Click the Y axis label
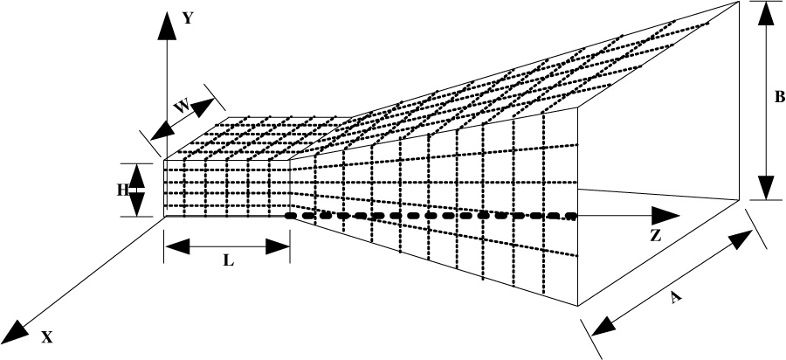[x=188, y=18]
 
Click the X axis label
[x=46, y=338]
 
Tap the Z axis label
[x=655, y=236]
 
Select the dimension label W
[x=182, y=107]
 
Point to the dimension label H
[x=123, y=190]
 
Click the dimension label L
[x=229, y=261]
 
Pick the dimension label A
[x=676, y=298]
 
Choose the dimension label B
[x=780, y=97]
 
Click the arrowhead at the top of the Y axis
[x=167, y=26]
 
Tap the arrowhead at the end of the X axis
[x=17, y=331]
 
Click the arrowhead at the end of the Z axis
[x=665, y=216]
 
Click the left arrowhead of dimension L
[x=177, y=246]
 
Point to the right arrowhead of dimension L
[x=278, y=246]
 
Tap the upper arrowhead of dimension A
[x=740, y=240]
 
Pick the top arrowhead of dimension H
[x=137, y=177]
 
